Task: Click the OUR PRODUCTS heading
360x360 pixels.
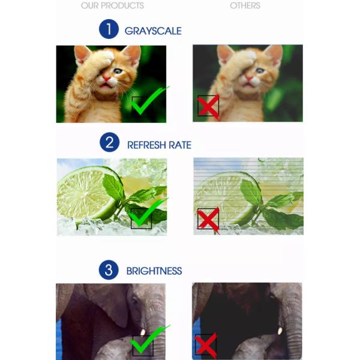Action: (112, 5)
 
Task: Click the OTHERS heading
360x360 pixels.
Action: (245, 5)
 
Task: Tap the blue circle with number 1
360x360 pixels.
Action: (109, 29)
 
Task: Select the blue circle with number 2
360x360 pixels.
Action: (110, 142)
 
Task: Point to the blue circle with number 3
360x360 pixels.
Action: (109, 270)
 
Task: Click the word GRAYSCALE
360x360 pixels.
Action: (153, 31)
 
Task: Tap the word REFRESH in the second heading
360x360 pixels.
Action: (146, 145)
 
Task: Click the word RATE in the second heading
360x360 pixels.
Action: (180, 145)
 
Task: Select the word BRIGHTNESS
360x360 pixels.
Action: (154, 271)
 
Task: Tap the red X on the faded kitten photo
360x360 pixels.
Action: (208, 107)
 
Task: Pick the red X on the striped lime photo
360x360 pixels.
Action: (208, 220)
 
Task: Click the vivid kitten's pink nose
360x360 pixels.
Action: (106, 79)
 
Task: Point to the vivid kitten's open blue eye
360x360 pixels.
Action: (118, 71)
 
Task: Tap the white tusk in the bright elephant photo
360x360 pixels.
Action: (143, 332)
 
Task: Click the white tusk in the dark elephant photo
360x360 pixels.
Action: (280, 331)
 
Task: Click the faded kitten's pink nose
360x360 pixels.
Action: (248, 78)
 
